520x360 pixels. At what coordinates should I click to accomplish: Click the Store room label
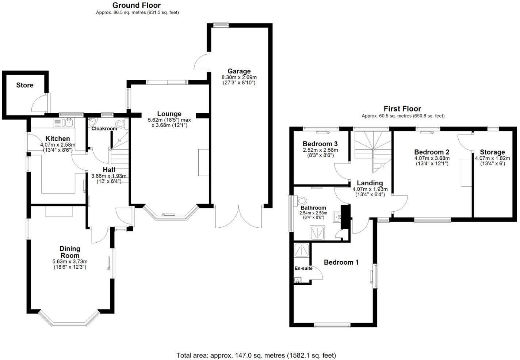pyautogui.click(x=24, y=85)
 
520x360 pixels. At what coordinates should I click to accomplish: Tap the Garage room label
pyautogui.click(x=239, y=71)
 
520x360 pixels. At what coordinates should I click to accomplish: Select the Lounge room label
pyautogui.click(x=169, y=114)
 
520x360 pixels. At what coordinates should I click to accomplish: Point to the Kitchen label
pyautogui.click(x=57, y=139)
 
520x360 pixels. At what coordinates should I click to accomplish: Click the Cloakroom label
pyautogui.click(x=104, y=129)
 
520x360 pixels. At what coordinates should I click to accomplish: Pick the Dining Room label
pyautogui.click(x=70, y=252)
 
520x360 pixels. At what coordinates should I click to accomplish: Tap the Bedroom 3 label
pyautogui.click(x=320, y=144)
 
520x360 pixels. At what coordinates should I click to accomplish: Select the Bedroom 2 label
pyautogui.click(x=432, y=152)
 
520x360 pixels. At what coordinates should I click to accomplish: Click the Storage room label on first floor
pyautogui.click(x=492, y=152)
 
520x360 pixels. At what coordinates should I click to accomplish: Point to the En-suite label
pyautogui.click(x=303, y=268)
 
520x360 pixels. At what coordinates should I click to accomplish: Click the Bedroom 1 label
pyautogui.click(x=341, y=262)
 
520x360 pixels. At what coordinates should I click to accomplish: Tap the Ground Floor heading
pyautogui.click(x=136, y=5)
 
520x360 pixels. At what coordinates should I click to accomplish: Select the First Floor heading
pyautogui.click(x=402, y=109)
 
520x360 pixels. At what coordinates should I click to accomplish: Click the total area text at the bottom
pyautogui.click(x=256, y=355)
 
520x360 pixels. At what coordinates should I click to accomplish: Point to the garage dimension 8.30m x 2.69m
pyautogui.click(x=239, y=77)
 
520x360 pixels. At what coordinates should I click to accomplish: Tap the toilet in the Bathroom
pyautogui.click(x=302, y=201)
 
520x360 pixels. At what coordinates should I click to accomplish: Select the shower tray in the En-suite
pyautogui.click(x=302, y=250)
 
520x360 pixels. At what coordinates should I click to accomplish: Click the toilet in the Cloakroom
pyautogui.click(x=121, y=124)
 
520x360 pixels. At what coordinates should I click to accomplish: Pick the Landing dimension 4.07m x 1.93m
pyautogui.click(x=370, y=189)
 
